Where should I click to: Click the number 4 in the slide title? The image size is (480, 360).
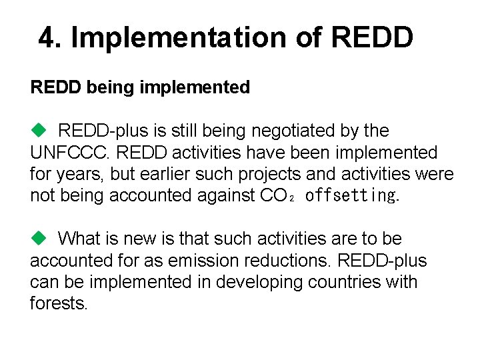(x=45, y=38)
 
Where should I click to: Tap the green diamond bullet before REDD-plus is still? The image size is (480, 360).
(x=37, y=130)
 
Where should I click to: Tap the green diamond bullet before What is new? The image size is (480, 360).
(x=37, y=238)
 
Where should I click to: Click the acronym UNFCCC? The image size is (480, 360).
(x=70, y=153)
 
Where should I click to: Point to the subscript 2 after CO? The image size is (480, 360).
(x=293, y=199)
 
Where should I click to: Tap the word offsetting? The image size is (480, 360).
(x=349, y=195)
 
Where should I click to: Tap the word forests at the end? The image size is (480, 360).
(x=57, y=303)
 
